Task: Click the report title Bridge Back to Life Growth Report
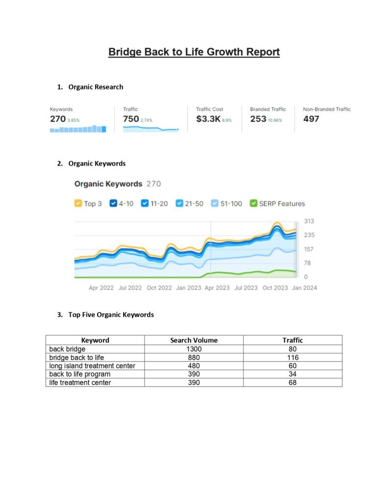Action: click(194, 52)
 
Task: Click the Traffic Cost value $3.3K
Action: click(208, 119)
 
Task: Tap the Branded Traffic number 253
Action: click(258, 119)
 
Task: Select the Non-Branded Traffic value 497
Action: click(311, 119)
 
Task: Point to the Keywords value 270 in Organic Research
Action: click(57, 119)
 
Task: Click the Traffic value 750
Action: click(131, 119)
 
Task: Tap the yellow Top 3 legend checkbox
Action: click(78, 203)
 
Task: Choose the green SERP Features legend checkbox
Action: click(254, 203)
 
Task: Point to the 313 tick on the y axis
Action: click(309, 221)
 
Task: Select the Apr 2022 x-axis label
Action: click(101, 288)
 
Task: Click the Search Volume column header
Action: click(194, 340)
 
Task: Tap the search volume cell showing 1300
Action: click(194, 349)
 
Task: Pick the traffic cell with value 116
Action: click(292, 358)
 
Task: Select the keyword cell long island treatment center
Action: click(92, 366)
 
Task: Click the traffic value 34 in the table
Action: click(292, 374)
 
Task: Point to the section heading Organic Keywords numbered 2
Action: click(97, 164)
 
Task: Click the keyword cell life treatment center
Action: click(80, 383)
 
